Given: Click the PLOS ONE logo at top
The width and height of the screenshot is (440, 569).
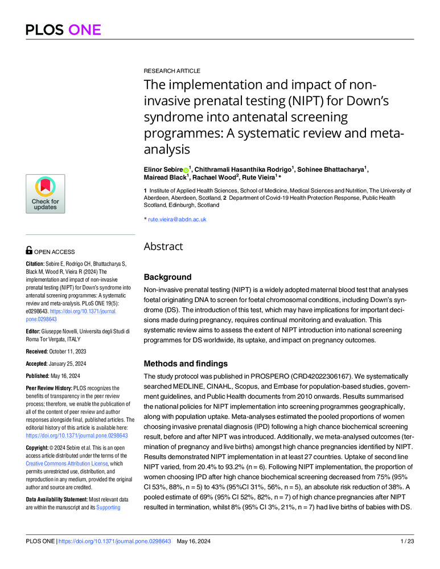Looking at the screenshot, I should [x=63, y=30].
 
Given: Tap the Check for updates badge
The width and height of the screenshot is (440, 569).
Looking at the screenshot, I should [x=45, y=194].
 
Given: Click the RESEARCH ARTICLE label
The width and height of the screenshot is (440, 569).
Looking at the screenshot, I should [x=171, y=71].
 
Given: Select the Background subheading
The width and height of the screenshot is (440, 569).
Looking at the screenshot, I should [x=168, y=277].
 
